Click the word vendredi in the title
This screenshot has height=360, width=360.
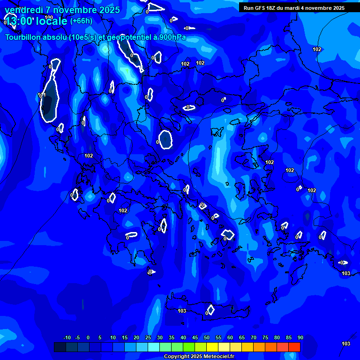pyautogui.click(x=23, y=10)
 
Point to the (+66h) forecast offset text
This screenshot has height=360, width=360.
pyautogui.click(x=81, y=21)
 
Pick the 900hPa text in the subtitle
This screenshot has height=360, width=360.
pyautogui.click(x=170, y=37)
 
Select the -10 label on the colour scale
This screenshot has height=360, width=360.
pyautogui.click(x=67, y=338)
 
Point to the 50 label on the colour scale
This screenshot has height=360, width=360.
pyautogui.click(x=207, y=338)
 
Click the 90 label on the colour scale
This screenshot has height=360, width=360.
pyautogui.click(x=300, y=338)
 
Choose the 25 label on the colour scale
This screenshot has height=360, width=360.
pyautogui.click(x=148, y=338)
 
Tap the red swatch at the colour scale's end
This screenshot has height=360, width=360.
pyautogui.click(x=294, y=347)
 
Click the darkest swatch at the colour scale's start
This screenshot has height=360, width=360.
pyautogui.click(x=60, y=347)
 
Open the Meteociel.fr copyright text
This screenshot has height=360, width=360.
pyautogui.click(x=199, y=356)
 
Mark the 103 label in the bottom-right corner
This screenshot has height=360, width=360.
pyautogui.click(x=346, y=344)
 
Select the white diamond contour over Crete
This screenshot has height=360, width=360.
pyautogui.click(x=210, y=310)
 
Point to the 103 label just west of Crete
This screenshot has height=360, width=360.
pyautogui.click(x=182, y=311)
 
